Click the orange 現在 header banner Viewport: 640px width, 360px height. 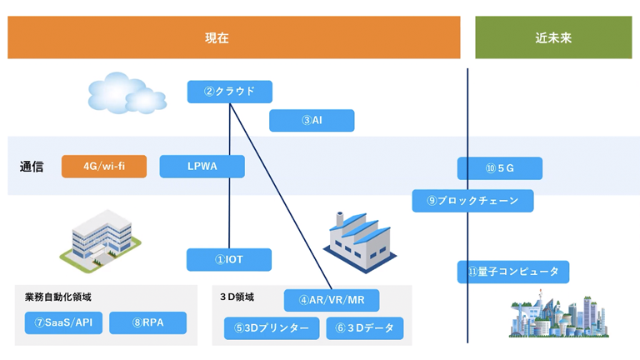233,37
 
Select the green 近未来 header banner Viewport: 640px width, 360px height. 552,37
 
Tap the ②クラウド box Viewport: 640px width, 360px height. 229,92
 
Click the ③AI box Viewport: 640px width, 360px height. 311,121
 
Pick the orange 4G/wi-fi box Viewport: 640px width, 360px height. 104,167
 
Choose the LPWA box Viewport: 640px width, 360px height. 202,167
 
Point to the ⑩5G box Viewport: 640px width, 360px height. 499,168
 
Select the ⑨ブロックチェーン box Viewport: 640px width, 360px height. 472,201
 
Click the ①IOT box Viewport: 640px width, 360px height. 228,260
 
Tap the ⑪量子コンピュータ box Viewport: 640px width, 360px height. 513,272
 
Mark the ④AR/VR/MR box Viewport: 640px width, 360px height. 332,300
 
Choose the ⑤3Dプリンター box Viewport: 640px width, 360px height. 272,328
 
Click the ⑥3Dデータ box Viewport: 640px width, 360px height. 364,328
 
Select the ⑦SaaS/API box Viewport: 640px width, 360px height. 63,322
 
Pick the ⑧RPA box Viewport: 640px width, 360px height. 147,322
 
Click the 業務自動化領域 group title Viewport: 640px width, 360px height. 58,297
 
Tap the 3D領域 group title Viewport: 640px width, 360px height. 237,297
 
